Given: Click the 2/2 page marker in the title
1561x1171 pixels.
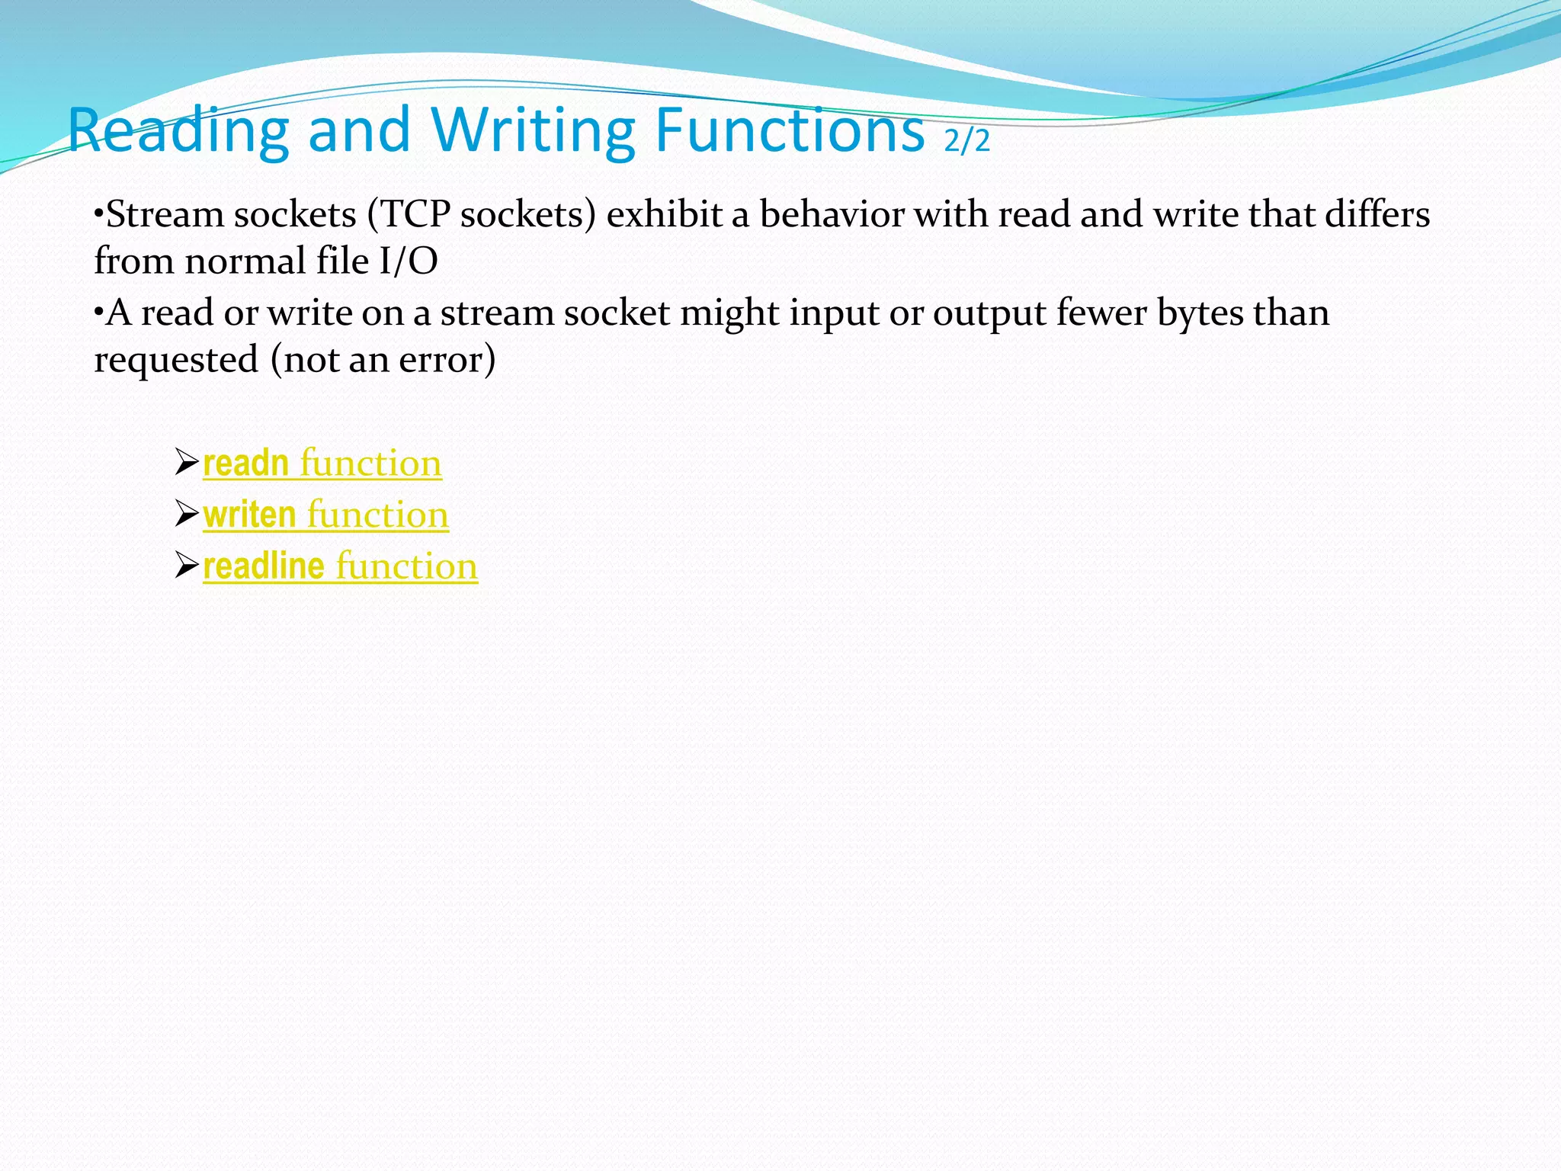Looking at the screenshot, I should [966, 141].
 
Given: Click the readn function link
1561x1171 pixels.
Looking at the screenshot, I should [322, 464].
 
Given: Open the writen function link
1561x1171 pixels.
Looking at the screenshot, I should [325, 515].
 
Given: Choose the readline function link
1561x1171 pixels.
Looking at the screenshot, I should [340, 566].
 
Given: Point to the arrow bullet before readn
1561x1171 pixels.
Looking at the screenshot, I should [187, 463].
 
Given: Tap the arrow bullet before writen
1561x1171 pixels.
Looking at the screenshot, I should [187, 515].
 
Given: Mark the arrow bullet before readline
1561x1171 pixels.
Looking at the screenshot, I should [187, 566].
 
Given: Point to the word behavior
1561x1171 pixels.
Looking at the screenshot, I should [832, 214].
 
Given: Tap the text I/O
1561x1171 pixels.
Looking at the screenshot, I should [409, 261].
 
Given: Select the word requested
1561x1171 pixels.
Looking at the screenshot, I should [176, 361].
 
